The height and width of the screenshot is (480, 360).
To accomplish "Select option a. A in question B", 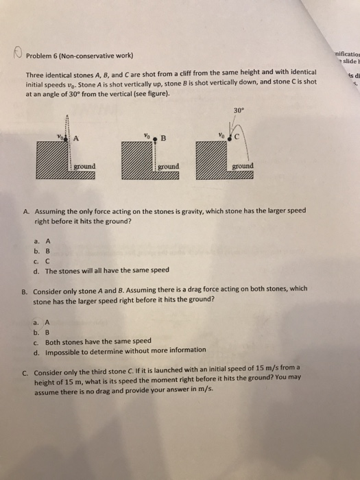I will pyautogui.click(x=43, y=320).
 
